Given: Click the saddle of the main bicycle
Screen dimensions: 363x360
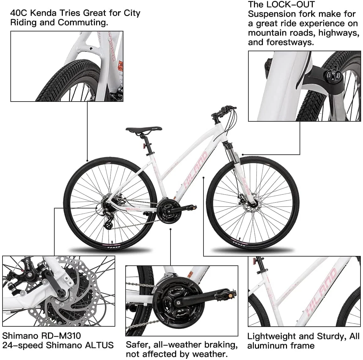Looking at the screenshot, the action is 144,130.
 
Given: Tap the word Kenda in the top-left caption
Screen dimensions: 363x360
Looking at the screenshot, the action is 43,13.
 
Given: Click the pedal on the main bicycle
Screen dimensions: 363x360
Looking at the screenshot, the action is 192,207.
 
